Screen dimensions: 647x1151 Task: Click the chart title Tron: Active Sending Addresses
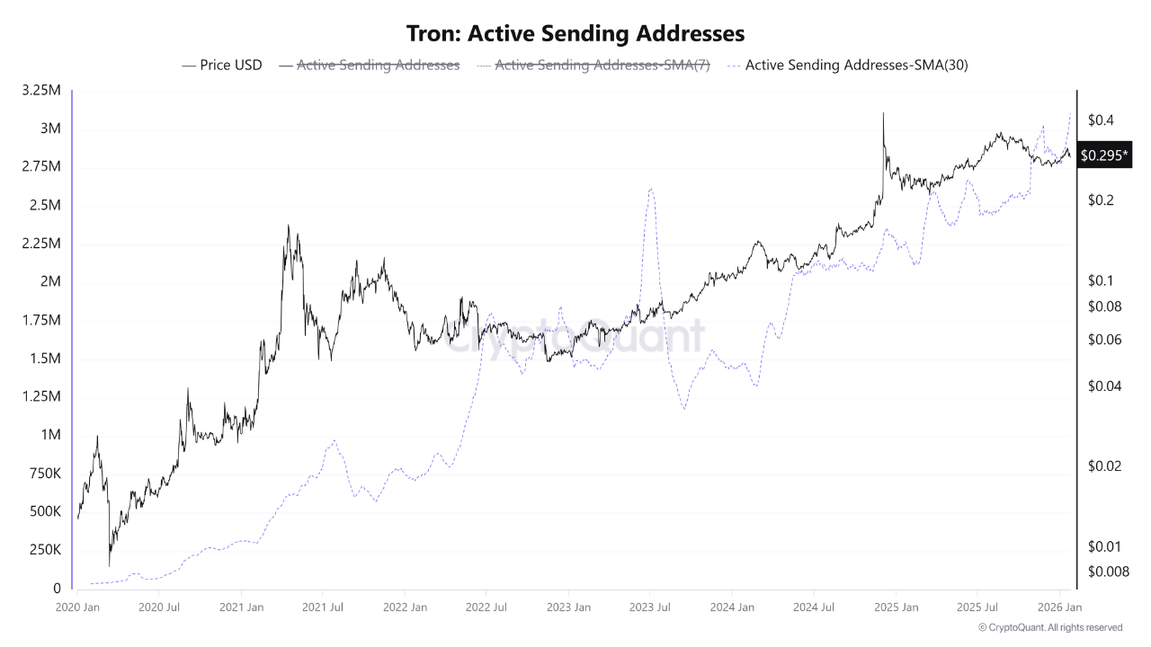tap(575, 33)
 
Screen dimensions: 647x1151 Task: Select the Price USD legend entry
tap(222, 65)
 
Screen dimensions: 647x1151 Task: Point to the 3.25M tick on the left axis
tap(41, 91)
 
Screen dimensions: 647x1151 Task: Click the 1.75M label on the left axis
tap(41, 321)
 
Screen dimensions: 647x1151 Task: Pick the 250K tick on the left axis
tap(44, 550)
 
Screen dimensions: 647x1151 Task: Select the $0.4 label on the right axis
tap(1101, 120)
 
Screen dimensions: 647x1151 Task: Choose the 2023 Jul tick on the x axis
tap(650, 607)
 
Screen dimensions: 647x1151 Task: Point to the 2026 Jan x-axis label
tap(1059, 607)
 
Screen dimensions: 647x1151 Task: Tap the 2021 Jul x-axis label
tap(323, 607)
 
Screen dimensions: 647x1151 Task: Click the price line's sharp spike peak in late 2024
tap(883, 113)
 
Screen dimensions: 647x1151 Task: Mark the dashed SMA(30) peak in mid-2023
tap(650, 189)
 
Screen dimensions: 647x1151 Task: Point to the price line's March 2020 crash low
tap(110, 565)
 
